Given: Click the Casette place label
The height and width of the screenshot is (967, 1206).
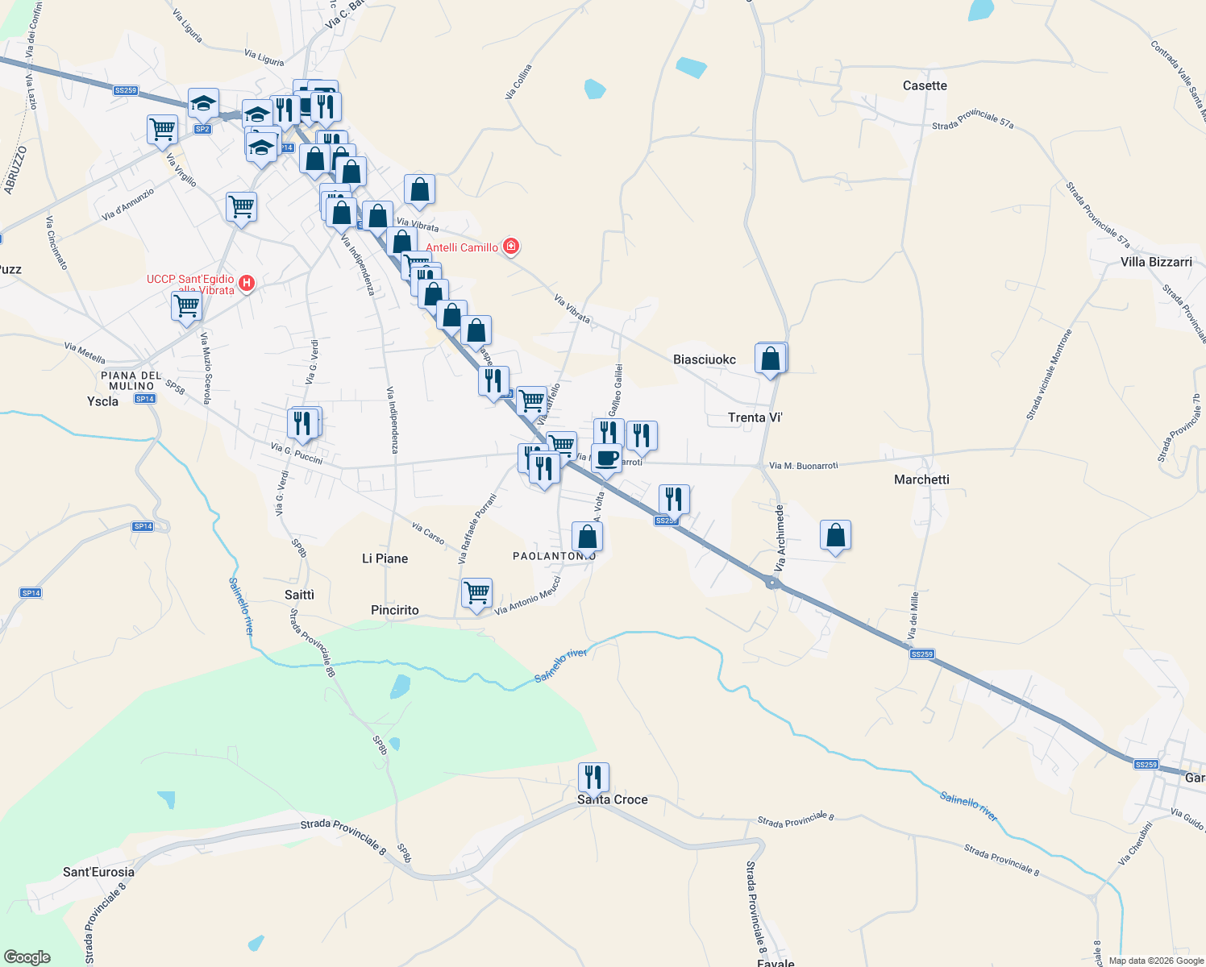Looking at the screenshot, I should pyautogui.click(x=925, y=85).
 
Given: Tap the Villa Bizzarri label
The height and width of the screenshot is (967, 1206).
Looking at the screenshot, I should pyautogui.click(x=1156, y=262).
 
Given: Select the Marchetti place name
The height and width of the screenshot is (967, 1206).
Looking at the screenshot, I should pyautogui.click(x=921, y=479).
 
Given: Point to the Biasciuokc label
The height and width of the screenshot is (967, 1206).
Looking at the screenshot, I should pyautogui.click(x=705, y=359).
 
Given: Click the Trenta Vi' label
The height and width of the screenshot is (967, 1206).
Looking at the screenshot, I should pyautogui.click(x=755, y=417).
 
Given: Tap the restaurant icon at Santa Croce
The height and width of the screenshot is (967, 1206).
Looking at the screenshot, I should pyautogui.click(x=593, y=778).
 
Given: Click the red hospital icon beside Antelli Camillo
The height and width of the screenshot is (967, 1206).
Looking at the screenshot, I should pyautogui.click(x=510, y=247).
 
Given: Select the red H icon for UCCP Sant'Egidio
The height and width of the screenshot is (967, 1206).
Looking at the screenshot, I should pyautogui.click(x=247, y=284).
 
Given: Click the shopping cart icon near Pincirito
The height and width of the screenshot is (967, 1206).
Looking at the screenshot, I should pyautogui.click(x=476, y=593).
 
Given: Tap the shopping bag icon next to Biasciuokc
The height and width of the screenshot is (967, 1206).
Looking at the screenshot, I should pyautogui.click(x=771, y=359).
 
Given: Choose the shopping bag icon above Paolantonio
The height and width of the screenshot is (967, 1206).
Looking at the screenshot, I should pyautogui.click(x=587, y=537).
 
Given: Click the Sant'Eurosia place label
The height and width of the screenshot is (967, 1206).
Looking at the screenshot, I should pyautogui.click(x=99, y=872).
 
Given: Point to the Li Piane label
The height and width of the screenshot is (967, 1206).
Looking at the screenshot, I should pyautogui.click(x=385, y=558).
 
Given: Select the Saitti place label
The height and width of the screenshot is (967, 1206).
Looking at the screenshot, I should pyautogui.click(x=299, y=595).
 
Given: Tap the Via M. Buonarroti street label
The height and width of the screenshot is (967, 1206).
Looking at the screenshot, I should pyautogui.click(x=803, y=466).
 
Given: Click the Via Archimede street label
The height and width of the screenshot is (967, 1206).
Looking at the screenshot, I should pyautogui.click(x=780, y=538).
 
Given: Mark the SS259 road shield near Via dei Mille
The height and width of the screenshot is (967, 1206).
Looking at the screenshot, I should pyautogui.click(x=921, y=654).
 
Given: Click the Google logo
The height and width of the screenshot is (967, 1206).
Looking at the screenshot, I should pyautogui.click(x=27, y=957).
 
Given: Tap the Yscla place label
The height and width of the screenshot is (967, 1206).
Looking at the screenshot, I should pyautogui.click(x=102, y=400).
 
